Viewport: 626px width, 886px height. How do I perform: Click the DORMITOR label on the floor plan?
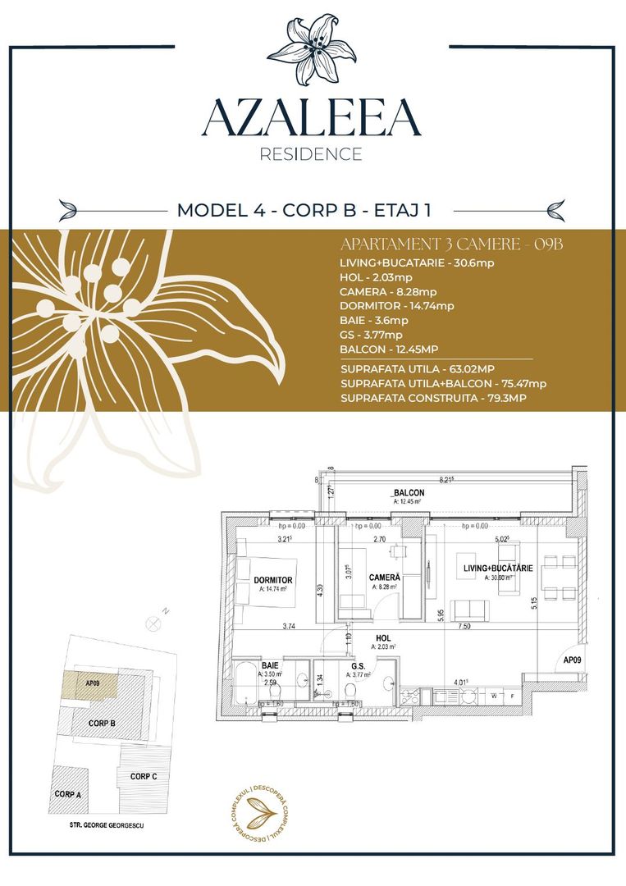(273, 580)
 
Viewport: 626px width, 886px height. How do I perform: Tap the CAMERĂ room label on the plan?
(384, 578)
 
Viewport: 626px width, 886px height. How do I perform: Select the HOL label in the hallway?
(384, 637)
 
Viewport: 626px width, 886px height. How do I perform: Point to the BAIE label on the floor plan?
(269, 665)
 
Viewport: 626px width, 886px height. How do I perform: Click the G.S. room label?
(359, 665)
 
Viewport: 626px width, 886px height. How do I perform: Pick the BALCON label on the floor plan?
(408, 493)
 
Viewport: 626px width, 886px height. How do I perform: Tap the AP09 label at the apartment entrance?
(573, 660)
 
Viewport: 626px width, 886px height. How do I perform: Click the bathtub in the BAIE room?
(245, 687)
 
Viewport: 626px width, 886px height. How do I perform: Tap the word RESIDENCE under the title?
(311, 153)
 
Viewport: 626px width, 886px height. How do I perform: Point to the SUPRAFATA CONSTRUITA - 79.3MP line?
(433, 398)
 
